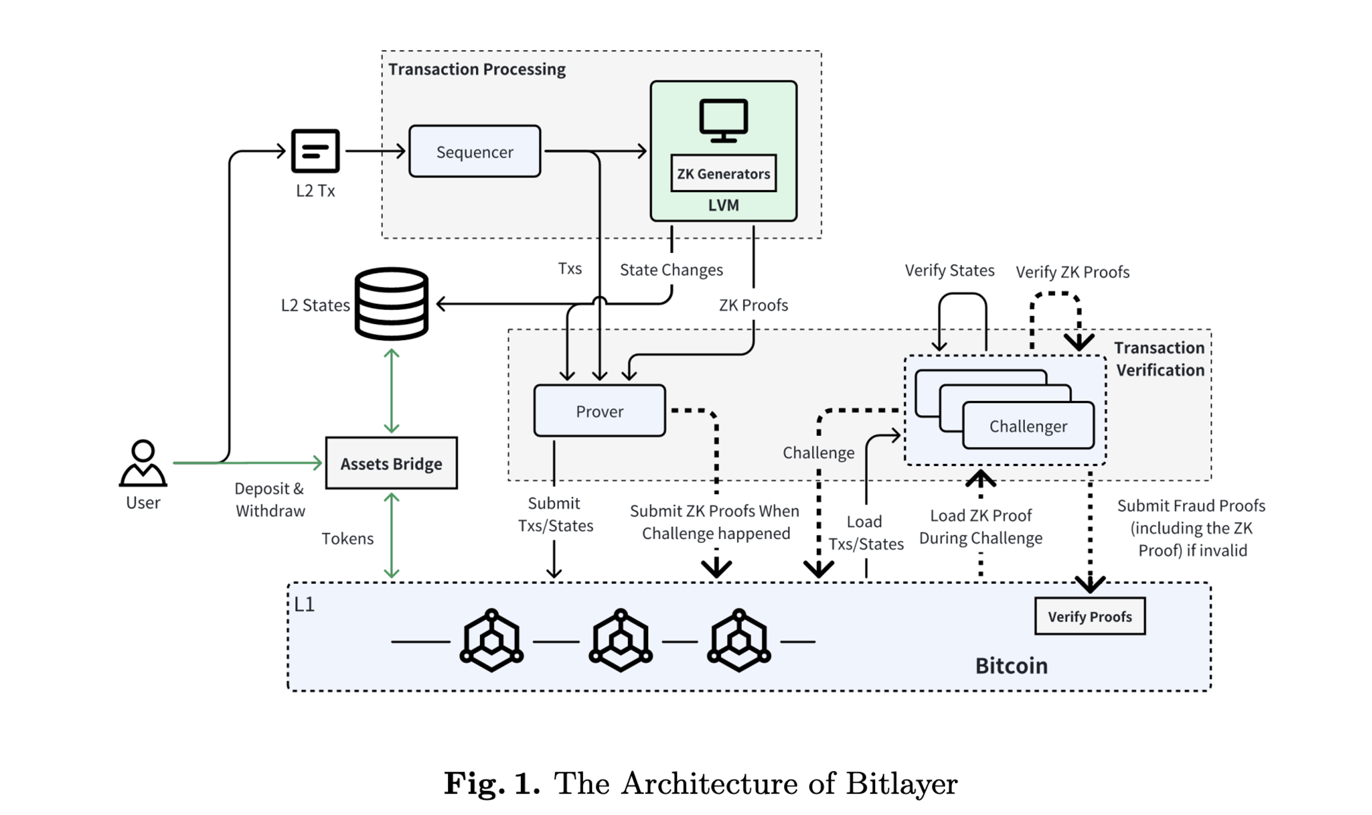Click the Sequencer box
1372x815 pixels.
point(474,152)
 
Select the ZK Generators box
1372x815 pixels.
point(723,174)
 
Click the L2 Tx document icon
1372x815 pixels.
point(315,151)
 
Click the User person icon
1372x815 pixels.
point(143,464)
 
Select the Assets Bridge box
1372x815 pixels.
point(391,463)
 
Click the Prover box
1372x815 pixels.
point(599,412)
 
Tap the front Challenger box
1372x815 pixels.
point(1028,426)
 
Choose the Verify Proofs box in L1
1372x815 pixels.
point(1089,616)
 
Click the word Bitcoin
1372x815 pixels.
point(1011,666)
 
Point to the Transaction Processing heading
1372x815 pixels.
point(477,70)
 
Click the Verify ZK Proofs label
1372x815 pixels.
point(1072,272)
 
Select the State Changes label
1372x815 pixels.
point(671,270)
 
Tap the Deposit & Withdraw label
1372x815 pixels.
point(270,500)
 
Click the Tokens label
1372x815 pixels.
point(347,539)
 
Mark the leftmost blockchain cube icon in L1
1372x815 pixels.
point(491,640)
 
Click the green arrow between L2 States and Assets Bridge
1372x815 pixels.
point(391,391)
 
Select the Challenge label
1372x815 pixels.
point(818,453)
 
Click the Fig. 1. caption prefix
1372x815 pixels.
point(491,783)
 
